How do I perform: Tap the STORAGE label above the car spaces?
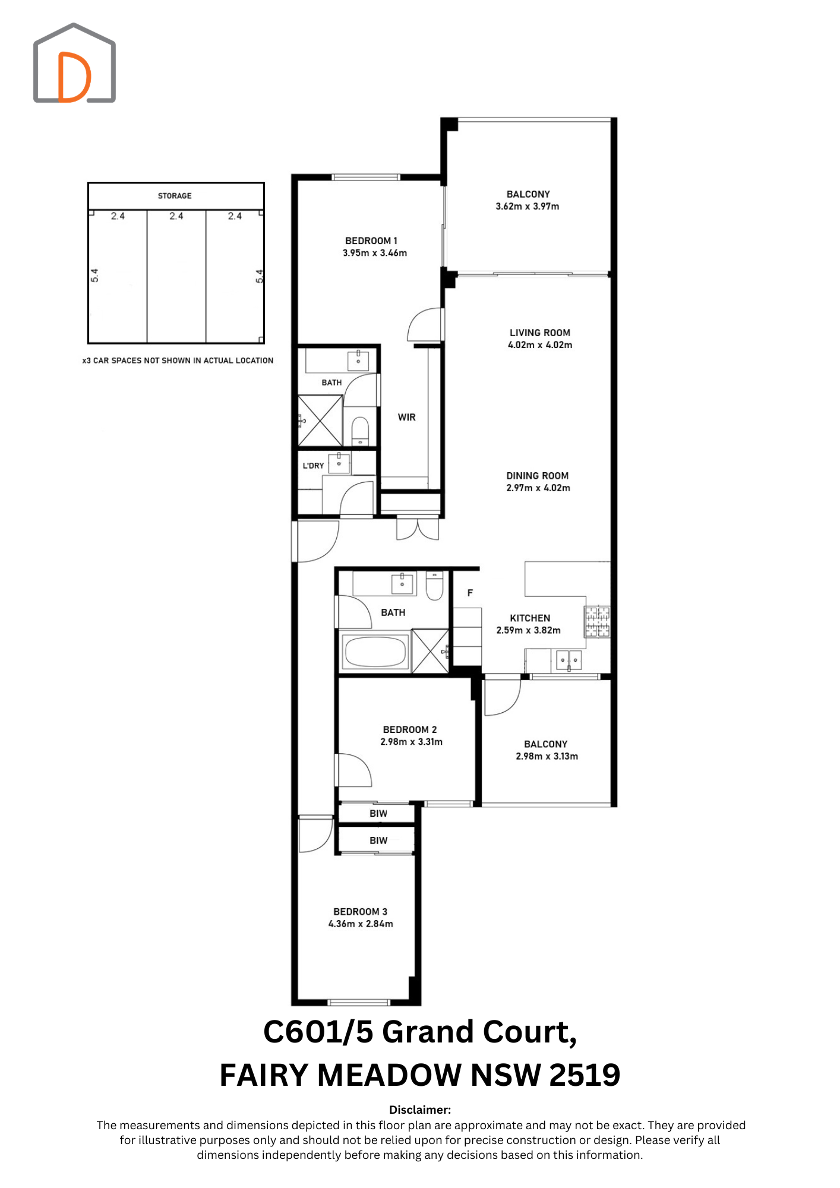click(175, 195)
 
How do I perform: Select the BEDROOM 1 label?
click(371, 241)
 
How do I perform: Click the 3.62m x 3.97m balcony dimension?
click(528, 206)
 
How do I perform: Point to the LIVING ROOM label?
click(540, 333)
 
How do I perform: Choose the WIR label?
click(407, 417)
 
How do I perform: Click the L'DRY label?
click(313, 466)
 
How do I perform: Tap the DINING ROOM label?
click(538, 476)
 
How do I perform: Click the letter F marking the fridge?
click(470, 593)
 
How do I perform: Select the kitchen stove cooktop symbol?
click(598, 621)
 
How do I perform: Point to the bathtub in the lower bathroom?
click(376, 652)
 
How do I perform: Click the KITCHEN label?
click(530, 618)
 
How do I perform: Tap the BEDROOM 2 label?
click(410, 729)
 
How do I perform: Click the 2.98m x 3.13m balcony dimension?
click(547, 756)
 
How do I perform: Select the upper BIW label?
click(378, 814)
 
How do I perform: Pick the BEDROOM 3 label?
click(361, 912)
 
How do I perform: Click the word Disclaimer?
click(420, 1110)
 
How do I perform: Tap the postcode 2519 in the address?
click(585, 1075)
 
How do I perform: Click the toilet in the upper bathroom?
click(361, 430)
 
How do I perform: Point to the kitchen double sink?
click(569, 659)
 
